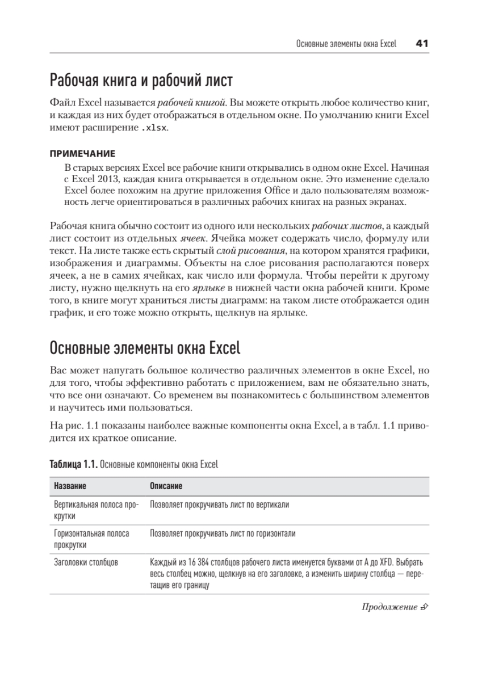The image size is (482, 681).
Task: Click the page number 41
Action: (x=421, y=44)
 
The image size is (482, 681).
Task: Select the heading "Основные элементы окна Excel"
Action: (x=145, y=346)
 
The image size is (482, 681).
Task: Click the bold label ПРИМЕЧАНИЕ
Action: (x=82, y=153)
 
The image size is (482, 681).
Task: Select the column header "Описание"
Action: (x=166, y=487)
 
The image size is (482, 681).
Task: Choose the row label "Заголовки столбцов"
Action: (x=86, y=562)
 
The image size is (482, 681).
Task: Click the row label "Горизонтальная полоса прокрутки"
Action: (x=91, y=539)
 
